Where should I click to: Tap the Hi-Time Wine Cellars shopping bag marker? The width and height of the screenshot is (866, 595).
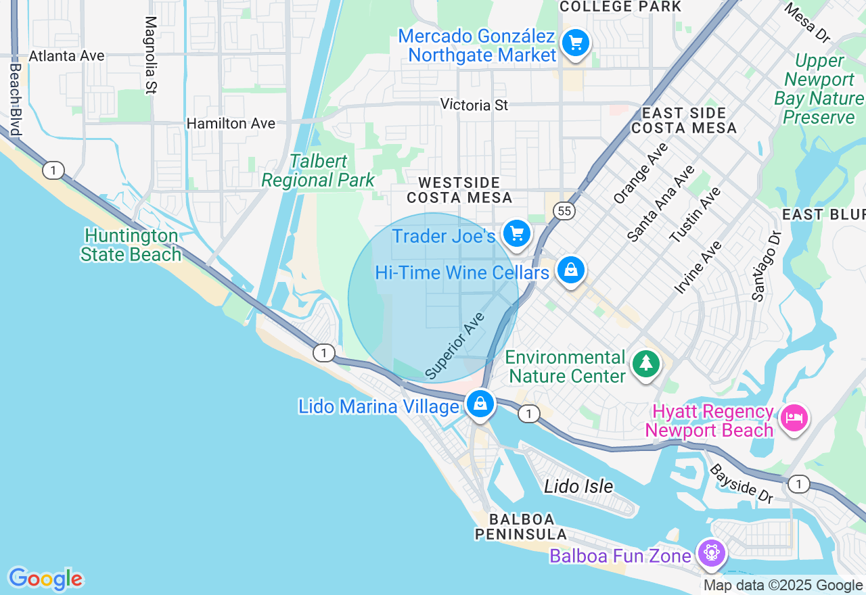coord(571,270)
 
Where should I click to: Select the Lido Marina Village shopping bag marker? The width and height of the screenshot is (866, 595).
coord(480,404)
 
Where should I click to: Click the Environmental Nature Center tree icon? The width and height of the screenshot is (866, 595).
coord(646,364)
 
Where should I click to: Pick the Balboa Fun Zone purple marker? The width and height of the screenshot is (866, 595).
coord(711,552)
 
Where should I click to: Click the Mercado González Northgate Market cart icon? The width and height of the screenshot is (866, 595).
coord(576,43)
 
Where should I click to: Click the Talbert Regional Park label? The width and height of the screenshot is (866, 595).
coord(318,171)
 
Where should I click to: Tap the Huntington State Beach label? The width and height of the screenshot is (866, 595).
coord(131,245)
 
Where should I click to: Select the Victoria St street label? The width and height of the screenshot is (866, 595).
coord(474,105)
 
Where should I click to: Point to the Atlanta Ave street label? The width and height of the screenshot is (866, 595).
coord(66,55)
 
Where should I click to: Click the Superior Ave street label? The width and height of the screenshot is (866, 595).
coord(455,345)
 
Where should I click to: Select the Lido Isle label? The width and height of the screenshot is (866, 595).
coord(578,486)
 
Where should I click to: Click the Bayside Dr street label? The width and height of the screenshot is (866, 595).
coord(740,483)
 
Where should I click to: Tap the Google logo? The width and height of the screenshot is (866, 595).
coord(45,579)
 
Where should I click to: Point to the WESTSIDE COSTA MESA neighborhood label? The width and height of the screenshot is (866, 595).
coord(459,190)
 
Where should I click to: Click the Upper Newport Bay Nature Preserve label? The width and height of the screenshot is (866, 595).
coord(819,89)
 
